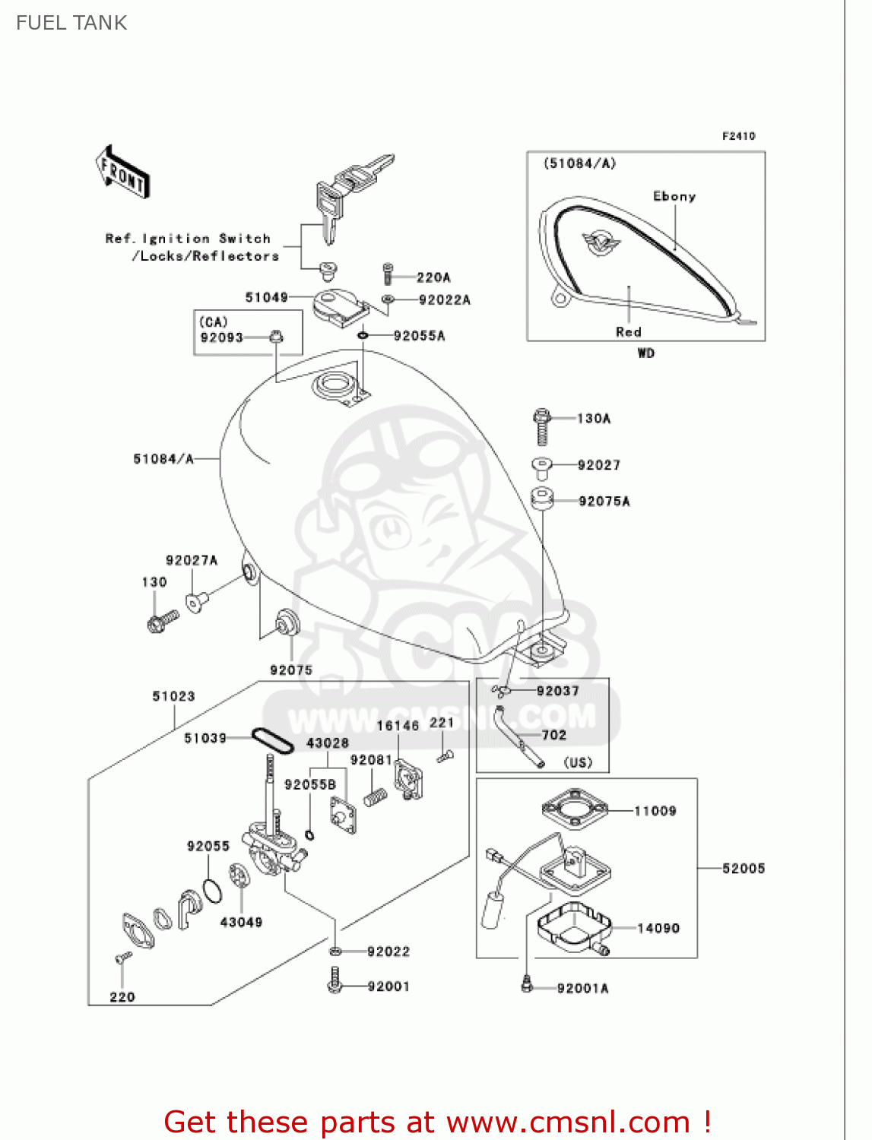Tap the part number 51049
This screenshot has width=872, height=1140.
[x=266, y=297]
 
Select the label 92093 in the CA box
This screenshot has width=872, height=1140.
[x=221, y=337]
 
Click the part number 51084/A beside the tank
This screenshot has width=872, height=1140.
[x=163, y=459]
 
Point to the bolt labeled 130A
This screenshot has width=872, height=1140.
[x=542, y=426]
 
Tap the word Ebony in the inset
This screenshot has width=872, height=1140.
[x=674, y=196]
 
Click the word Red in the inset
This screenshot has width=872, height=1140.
[x=629, y=332]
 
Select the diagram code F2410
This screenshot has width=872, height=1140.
[x=738, y=136]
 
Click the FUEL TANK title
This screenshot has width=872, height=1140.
[x=71, y=23]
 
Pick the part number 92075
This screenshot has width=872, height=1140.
[x=291, y=670]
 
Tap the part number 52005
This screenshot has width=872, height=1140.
[x=744, y=868]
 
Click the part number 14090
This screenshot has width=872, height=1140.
[x=658, y=928]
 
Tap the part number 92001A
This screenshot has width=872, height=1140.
[x=582, y=988]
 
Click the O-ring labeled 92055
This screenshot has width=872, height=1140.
[x=213, y=890]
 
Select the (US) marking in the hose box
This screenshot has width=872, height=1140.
[x=578, y=762]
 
